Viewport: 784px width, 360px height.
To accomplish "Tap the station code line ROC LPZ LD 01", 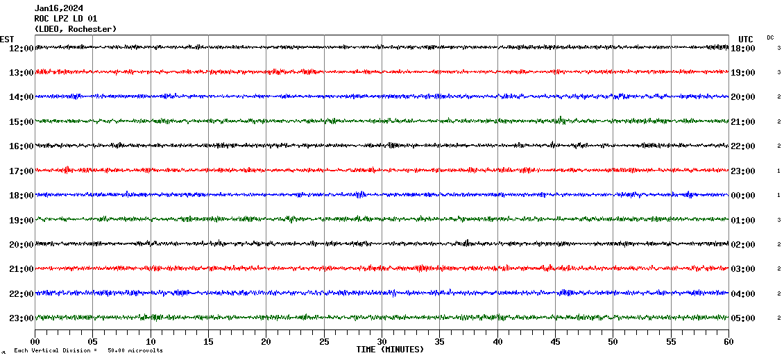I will (65, 19).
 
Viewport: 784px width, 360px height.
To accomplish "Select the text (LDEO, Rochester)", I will (75, 29).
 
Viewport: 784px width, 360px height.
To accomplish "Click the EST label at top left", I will (7, 39).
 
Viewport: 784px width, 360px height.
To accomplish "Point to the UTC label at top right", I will (745, 39).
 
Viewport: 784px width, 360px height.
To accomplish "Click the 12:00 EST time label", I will (20, 48).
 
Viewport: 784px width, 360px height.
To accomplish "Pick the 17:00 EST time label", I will (20, 171).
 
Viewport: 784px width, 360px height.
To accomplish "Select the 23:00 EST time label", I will (20, 318).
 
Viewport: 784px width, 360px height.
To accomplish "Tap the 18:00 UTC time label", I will (743, 48).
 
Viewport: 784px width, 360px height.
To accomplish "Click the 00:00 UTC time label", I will (743, 196).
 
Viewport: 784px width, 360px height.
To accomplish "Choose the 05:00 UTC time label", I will (743, 318).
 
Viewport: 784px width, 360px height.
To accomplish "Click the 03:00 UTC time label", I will (743, 269).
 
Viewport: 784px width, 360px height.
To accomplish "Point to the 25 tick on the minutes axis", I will (324, 341).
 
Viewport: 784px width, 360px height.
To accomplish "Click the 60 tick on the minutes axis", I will (728, 341).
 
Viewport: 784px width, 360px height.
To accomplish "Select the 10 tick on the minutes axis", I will (151, 341).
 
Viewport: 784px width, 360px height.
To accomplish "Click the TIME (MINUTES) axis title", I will (390, 350).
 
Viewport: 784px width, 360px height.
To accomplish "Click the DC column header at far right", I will (770, 37).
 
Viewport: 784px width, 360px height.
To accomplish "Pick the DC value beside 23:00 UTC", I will (779, 171).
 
